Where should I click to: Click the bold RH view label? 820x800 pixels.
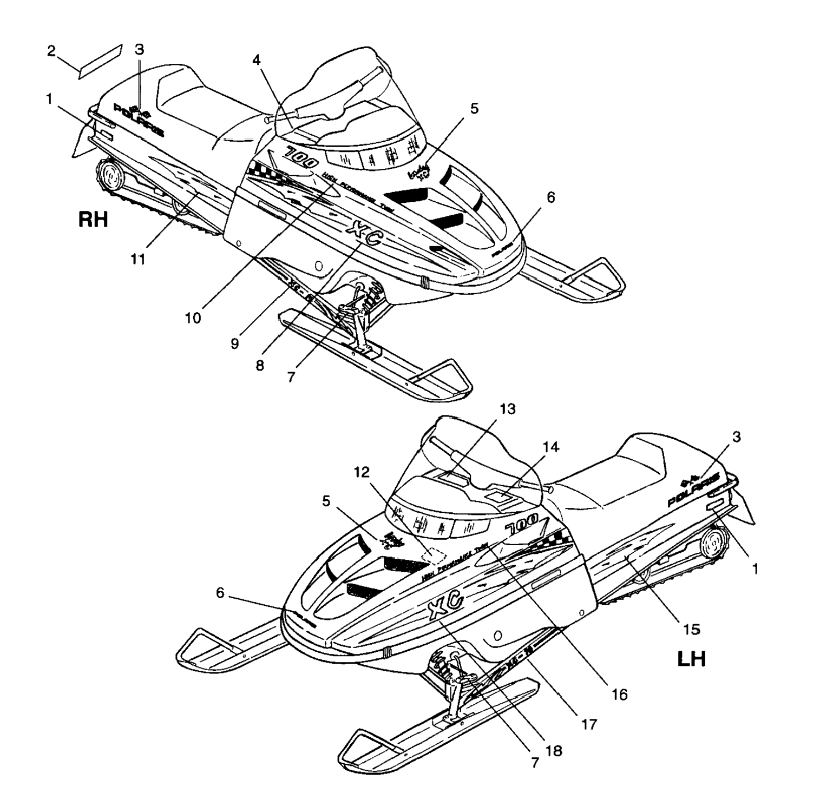[x=94, y=220]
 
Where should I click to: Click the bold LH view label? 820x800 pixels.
[x=691, y=659]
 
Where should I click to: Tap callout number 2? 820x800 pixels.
[x=51, y=51]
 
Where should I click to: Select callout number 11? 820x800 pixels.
[x=139, y=259]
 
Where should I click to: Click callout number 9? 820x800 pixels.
[x=234, y=343]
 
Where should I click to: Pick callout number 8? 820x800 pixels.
[x=260, y=365]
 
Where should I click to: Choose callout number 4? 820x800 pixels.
[x=257, y=60]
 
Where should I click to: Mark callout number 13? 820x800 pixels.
[x=507, y=409]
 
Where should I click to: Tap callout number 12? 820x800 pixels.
[x=362, y=472]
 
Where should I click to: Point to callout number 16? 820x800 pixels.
[x=619, y=694]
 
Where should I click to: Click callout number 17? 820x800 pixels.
[x=589, y=724]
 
